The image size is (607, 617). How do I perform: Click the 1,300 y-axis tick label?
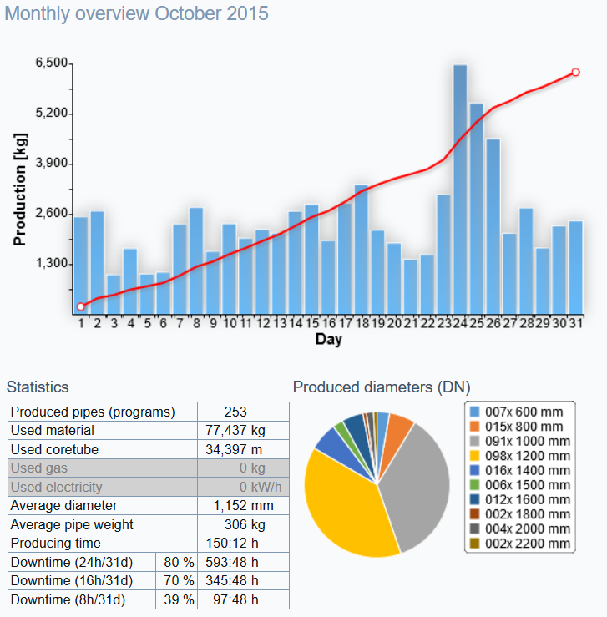52,263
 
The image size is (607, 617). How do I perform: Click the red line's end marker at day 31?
576,73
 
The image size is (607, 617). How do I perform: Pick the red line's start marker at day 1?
81,306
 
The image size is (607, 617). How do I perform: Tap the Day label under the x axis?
328,340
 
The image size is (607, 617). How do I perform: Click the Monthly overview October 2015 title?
138,14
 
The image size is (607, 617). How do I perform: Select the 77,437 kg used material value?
243,430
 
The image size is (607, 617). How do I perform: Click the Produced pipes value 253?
243,412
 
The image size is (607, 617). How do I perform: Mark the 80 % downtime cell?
176,562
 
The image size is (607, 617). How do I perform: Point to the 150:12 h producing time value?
243,543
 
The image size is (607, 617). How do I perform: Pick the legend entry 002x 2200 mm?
518,544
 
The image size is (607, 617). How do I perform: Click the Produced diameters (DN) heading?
382,387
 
